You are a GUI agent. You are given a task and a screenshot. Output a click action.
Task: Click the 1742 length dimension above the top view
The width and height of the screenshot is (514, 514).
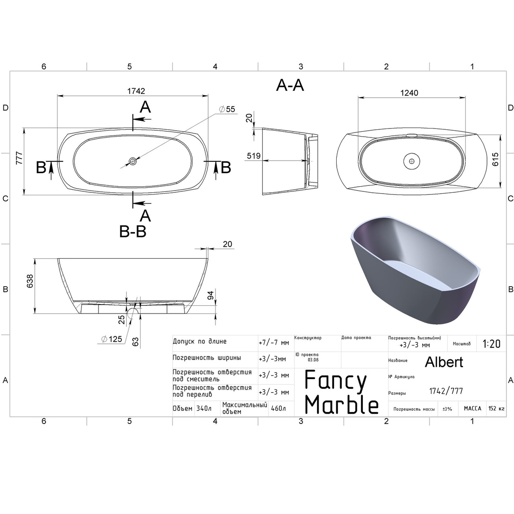point(136,91)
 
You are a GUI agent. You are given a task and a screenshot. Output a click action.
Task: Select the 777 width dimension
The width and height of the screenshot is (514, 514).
point(19,158)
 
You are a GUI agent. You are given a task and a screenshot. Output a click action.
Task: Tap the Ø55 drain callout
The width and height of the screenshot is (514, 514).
point(227,109)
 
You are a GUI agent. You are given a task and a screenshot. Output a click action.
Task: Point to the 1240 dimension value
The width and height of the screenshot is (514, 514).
point(409,93)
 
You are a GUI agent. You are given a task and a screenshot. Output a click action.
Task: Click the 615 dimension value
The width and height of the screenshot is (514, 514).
point(495,159)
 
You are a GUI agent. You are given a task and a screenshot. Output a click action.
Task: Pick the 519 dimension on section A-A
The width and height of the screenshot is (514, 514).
point(254,156)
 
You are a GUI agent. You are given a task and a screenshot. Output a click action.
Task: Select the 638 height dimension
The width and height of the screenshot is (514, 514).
point(30,281)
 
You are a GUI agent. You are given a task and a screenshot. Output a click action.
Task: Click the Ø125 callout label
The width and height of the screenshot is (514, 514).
point(112,339)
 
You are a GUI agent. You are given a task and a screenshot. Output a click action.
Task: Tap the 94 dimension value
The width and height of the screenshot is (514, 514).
point(210,295)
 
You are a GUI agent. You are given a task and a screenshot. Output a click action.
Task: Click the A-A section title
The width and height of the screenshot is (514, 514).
point(290,86)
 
